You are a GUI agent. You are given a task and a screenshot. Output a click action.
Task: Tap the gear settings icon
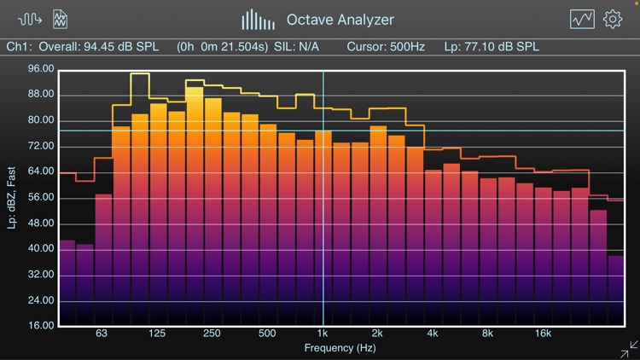pyautogui.click(x=613, y=19)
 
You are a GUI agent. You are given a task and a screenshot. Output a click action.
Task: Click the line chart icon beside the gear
pyautogui.click(x=583, y=19)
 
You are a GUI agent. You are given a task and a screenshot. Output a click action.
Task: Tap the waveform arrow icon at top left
pyautogui.click(x=30, y=19)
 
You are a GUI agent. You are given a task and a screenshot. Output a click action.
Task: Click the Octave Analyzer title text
pyautogui.click(x=340, y=19)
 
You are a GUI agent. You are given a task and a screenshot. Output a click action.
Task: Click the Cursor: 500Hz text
pyautogui.click(x=385, y=46)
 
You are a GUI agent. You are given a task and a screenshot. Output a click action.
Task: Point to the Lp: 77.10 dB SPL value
pyautogui.click(x=492, y=46)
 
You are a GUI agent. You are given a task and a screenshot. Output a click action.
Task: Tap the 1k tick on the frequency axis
pyautogui.click(x=322, y=334)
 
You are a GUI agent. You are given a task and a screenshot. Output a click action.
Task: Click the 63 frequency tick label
pyautogui.click(x=102, y=334)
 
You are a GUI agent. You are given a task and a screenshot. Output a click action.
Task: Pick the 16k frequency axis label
pyautogui.click(x=542, y=334)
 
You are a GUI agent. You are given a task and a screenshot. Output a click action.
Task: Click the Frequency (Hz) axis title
pyautogui.click(x=340, y=348)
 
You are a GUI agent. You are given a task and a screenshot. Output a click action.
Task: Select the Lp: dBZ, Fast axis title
pyautogui.click(x=12, y=198)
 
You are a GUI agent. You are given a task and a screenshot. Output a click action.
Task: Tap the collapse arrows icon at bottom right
pyautogui.click(x=628, y=349)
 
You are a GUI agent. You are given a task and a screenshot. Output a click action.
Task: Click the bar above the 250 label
pyautogui.click(x=212, y=213)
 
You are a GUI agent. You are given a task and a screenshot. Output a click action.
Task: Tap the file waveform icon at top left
pyautogui.click(x=61, y=19)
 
